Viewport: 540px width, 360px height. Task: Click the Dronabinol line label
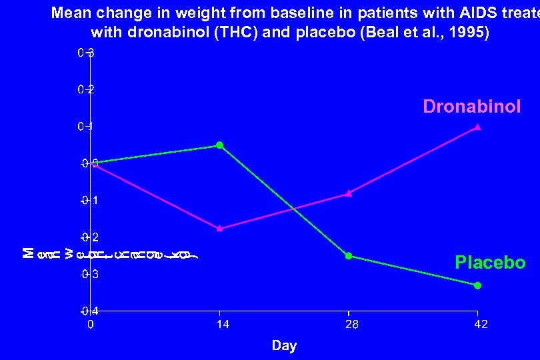pos(472,107)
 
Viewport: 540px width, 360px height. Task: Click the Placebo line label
pos(490,263)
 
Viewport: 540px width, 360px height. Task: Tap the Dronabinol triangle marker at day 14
pos(219,228)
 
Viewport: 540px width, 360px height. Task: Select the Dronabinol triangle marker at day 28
pos(348,193)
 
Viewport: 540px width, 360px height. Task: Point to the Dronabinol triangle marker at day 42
pos(477,127)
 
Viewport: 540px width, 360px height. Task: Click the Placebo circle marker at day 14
pos(219,145)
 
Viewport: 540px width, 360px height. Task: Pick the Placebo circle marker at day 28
pos(348,256)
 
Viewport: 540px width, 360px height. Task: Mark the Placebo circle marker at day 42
pos(477,285)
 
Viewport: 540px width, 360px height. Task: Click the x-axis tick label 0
pos(91,325)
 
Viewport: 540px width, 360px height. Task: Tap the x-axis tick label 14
pos(219,325)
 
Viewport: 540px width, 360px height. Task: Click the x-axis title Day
pos(284,345)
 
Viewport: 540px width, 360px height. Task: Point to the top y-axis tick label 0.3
pos(85,53)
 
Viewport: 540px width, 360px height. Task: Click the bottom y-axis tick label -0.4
pos(89,311)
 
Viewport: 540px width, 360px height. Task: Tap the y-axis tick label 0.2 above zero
pos(85,89)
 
